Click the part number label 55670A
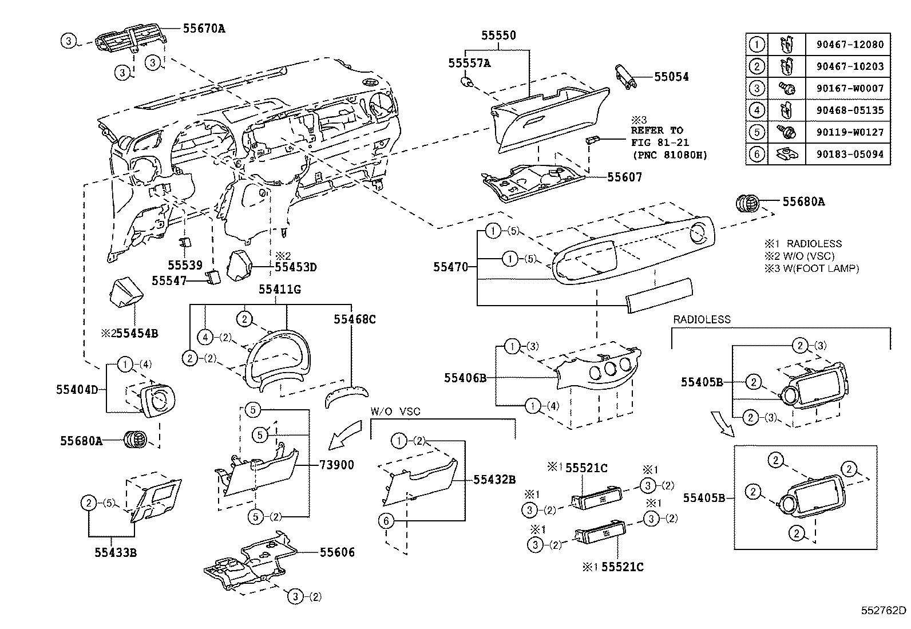(204, 27)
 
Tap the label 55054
(672, 77)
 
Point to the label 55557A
(469, 63)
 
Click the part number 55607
(625, 177)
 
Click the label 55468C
(355, 319)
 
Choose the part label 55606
(337, 552)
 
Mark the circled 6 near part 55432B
(386, 520)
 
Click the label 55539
(185, 265)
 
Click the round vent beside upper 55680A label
(748, 202)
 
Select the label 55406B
(465, 378)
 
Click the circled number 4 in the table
(757, 110)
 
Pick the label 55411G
(279, 290)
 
